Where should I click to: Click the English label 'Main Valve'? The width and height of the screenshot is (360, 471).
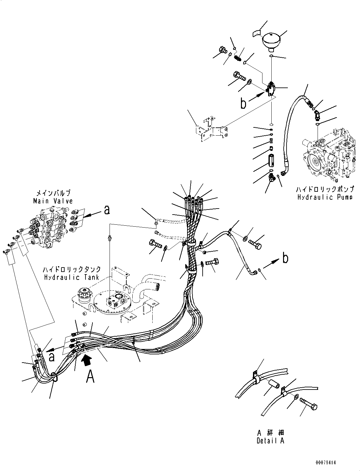(x=53, y=201)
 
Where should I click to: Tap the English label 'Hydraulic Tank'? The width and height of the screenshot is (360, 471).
(x=72, y=277)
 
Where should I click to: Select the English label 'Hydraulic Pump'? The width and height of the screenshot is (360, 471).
(x=325, y=197)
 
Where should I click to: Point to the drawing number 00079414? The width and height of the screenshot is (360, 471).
(x=325, y=463)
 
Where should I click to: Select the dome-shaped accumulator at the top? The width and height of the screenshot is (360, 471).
(x=272, y=42)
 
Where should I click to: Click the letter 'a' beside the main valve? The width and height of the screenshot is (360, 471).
(x=107, y=210)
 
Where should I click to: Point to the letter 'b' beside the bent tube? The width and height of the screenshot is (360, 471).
(x=285, y=258)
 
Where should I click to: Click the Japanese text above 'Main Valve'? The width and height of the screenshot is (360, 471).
(x=53, y=193)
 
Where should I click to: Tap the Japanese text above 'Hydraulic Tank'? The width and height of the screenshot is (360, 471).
(x=72, y=269)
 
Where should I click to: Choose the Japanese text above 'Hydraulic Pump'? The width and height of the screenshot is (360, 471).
(x=325, y=190)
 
